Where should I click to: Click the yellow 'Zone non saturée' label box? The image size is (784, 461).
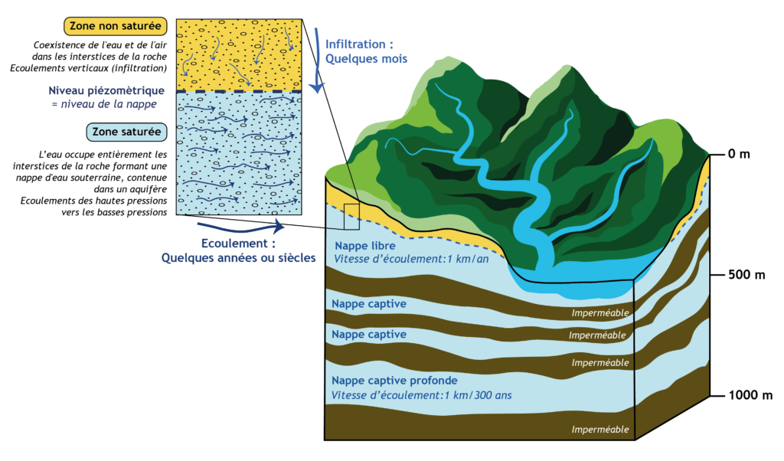tap(116, 26)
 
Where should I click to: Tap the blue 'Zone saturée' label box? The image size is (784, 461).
tap(126, 132)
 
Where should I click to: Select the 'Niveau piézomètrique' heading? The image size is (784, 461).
tap(106, 90)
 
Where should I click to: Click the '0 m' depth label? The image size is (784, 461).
tap(739, 154)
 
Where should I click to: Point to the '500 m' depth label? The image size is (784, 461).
tap(746, 274)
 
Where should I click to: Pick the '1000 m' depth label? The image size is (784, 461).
tap(750, 395)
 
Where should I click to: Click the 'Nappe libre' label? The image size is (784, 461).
tap(365, 246)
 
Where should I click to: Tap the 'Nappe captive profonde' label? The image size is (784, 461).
tap(394, 381)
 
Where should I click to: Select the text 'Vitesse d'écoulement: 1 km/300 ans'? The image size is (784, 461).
tap(422, 395)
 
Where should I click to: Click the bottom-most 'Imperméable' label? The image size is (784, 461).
tap(600, 430)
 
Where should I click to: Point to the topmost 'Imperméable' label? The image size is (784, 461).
tap(600, 313)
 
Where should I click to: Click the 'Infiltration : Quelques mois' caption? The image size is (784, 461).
tap(367, 51)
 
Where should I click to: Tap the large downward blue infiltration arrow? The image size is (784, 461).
tap(316, 60)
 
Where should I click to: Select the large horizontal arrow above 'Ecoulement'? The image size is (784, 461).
tap(241, 229)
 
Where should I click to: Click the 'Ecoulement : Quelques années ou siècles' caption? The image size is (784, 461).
tap(239, 250)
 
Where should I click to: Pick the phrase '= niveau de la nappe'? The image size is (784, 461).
tap(104, 104)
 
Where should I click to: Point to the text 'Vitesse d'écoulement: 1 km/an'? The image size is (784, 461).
tap(411, 259)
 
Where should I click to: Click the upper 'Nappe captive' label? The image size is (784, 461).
tap(369, 304)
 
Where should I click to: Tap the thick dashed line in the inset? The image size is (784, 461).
tap(239, 91)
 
